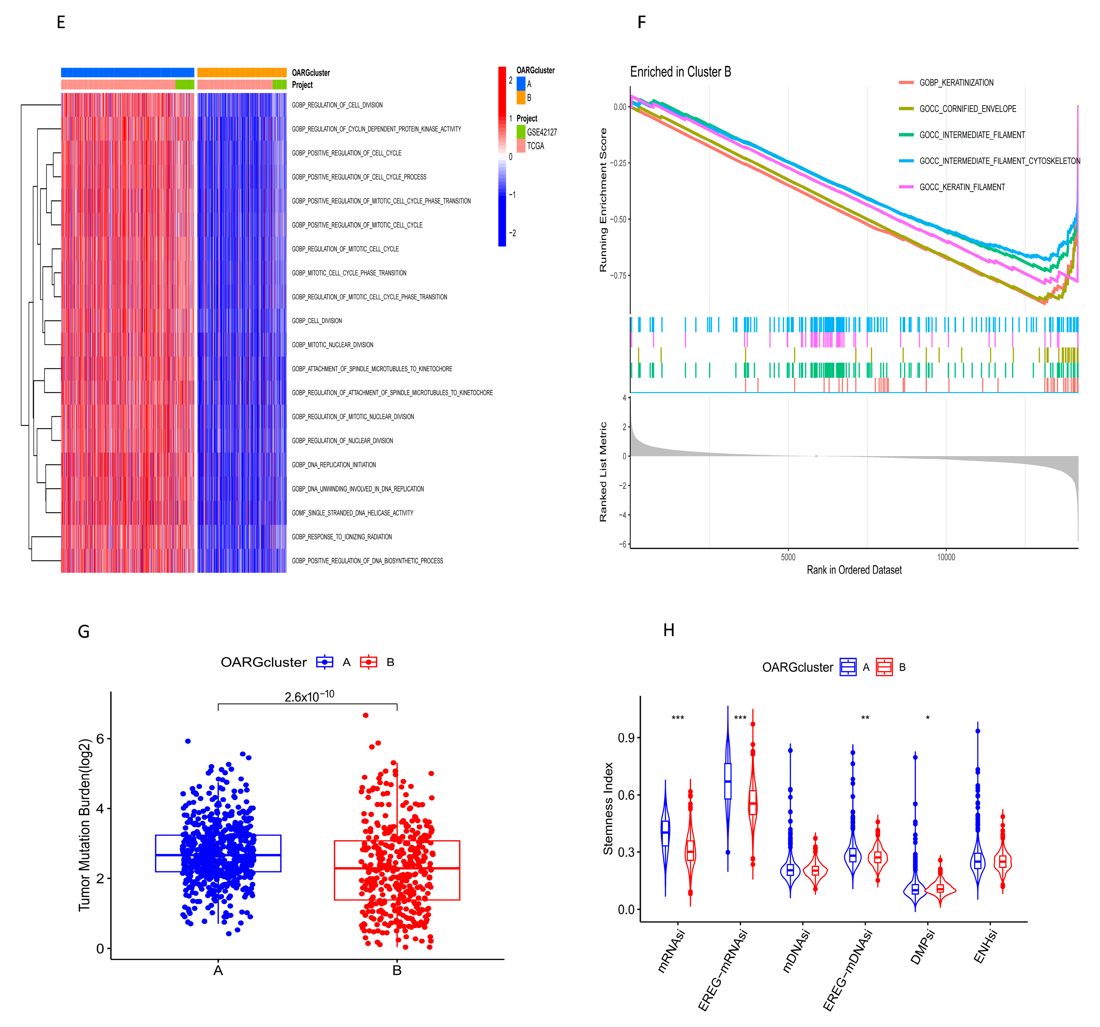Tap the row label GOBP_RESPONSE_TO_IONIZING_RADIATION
341,537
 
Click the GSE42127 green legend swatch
521,132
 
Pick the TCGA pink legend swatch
521,146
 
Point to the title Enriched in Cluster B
680,72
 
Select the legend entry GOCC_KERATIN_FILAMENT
962,187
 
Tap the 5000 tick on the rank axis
788,557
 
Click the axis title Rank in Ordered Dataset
854,570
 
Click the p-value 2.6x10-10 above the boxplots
309,695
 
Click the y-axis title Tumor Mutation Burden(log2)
85,825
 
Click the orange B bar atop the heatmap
242,72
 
